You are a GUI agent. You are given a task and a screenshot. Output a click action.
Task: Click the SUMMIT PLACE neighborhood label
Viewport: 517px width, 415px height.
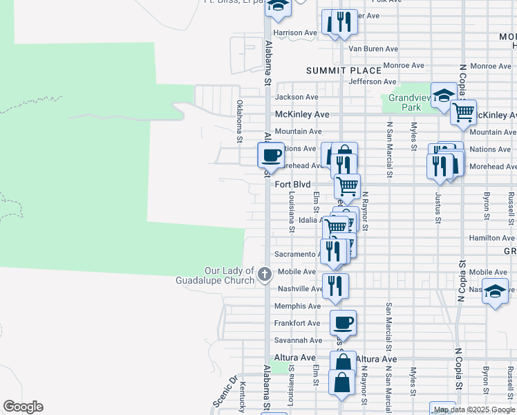click(344, 71)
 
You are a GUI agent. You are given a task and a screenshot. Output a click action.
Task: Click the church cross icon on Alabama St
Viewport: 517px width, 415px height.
click(264, 275)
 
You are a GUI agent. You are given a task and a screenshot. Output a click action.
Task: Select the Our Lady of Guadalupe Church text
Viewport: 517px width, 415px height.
click(229, 275)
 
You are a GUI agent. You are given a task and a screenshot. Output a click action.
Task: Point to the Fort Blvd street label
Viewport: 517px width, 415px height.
click(293, 185)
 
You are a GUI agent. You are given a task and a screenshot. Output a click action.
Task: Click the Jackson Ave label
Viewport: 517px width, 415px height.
click(297, 98)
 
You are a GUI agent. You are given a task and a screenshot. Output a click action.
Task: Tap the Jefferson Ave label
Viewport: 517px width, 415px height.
click(372, 82)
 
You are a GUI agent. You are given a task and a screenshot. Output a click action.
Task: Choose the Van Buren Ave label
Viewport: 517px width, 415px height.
click(373, 49)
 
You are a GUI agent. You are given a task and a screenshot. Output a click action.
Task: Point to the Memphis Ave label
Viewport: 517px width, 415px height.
click(297, 306)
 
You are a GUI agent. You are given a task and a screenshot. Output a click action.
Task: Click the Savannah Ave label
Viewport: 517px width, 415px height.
click(298, 340)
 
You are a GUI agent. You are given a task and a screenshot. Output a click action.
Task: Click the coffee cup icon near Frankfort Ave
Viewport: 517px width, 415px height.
click(344, 321)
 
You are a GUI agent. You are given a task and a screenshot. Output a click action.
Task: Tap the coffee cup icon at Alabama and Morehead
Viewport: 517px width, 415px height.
click(271, 154)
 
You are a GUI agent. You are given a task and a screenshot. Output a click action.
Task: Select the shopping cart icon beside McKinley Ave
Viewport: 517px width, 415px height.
click(463, 111)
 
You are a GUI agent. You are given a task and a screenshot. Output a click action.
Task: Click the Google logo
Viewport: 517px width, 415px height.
click(23, 407)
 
